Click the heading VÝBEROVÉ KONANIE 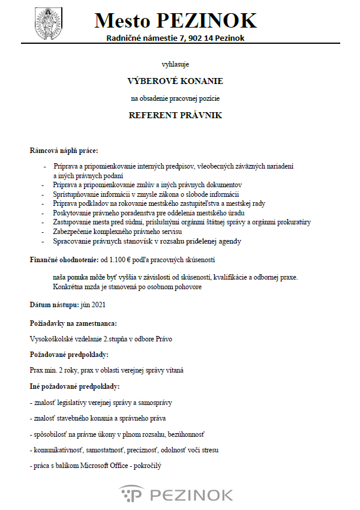(x=175, y=80)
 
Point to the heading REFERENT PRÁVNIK (x=175, y=115)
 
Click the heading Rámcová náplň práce (x=64, y=150)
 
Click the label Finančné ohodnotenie (x=64, y=261)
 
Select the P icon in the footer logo (x=131, y=494)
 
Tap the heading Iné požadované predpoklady (x=75, y=386)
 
